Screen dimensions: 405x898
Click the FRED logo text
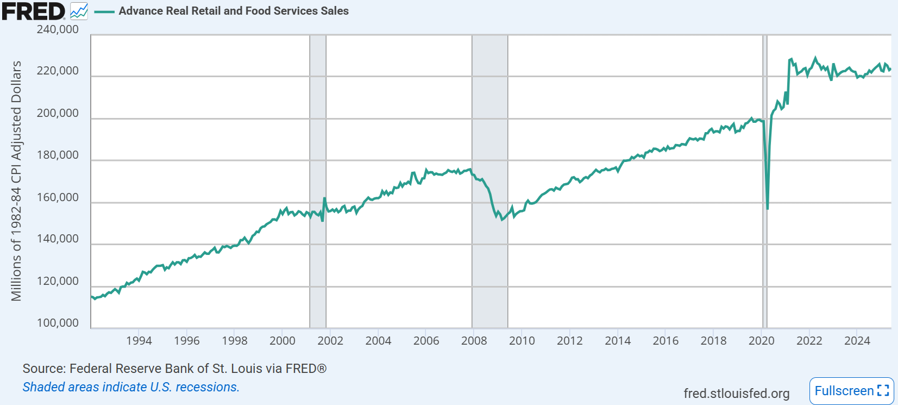pos(33,11)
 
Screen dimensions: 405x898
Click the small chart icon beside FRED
pos(79,11)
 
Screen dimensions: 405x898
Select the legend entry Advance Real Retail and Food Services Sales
pos(233,11)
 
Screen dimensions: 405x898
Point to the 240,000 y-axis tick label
pos(58,29)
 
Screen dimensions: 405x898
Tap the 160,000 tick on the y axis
pos(58,197)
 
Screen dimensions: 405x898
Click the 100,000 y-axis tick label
pos(58,323)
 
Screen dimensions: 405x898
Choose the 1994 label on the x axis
pos(139,341)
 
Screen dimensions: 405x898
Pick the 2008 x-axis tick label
pos(474,341)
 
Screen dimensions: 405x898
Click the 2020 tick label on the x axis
pos(761,341)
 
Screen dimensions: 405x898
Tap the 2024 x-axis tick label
pos(857,341)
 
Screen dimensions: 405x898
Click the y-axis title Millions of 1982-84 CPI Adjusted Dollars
pos(16,181)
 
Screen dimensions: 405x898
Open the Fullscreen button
pos(851,391)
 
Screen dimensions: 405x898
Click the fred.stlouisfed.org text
pos(736,393)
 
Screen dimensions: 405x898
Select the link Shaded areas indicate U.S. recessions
pos(131,387)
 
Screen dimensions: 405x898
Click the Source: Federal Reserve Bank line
pos(174,369)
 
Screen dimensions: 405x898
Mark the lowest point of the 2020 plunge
pos(767,208)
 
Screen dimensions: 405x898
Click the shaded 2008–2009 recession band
pos(489,136)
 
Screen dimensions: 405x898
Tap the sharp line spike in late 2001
pos(324,198)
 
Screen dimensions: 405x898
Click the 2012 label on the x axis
pos(569,341)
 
